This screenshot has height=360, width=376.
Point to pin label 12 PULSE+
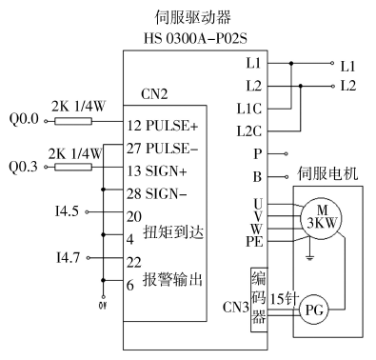163,126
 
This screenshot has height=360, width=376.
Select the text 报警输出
172,280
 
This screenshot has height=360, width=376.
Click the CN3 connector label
233,310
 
